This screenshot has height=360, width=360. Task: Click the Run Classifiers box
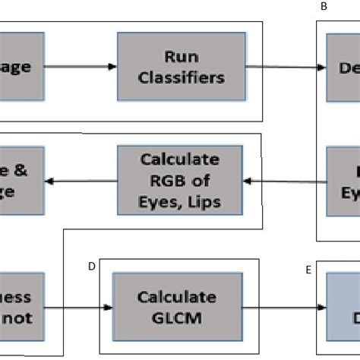tap(182, 67)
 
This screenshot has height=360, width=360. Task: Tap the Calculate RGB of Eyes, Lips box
tap(180, 181)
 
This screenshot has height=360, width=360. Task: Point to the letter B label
tap(324, 7)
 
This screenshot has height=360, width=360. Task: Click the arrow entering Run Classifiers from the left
tap(80, 67)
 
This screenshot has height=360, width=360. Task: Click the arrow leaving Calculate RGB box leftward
tap(80, 182)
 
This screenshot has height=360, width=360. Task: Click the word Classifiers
tap(182, 77)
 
